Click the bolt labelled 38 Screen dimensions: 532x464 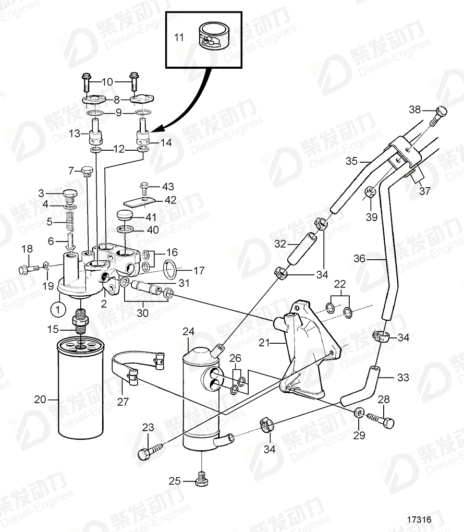tap(439, 113)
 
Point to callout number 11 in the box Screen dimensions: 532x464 tap(179, 38)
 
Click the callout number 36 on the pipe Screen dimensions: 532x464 tap(360, 258)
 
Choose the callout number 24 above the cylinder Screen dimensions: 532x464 tap(188, 332)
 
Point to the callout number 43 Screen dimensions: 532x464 tap(168, 186)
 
